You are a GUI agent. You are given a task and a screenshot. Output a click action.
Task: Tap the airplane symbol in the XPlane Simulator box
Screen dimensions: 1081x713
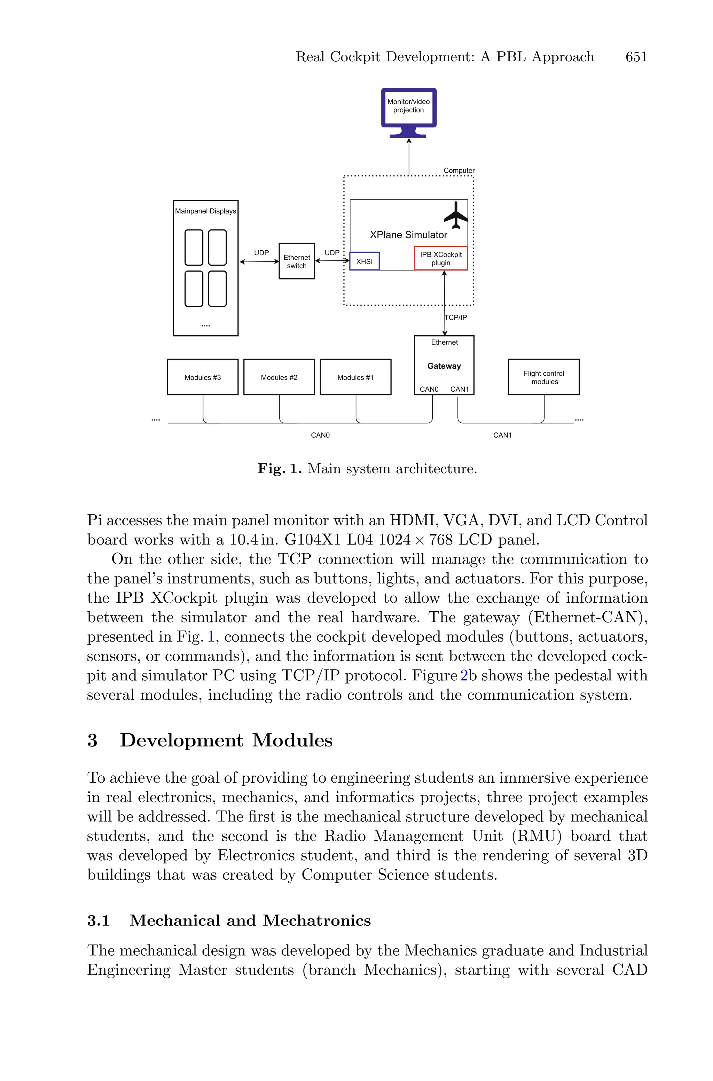(x=456, y=216)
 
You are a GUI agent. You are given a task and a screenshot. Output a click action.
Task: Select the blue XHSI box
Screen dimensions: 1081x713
(x=364, y=261)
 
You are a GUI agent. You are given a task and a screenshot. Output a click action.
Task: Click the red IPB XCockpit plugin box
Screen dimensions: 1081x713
(x=441, y=259)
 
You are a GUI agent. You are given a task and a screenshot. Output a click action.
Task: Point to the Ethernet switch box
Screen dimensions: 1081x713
(x=297, y=261)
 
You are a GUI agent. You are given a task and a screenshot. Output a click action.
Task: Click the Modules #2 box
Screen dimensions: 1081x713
(x=279, y=377)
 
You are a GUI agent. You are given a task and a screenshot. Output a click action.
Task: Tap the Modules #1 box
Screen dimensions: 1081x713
(x=355, y=377)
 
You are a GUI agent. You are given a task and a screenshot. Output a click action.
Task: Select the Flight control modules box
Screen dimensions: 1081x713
(x=543, y=377)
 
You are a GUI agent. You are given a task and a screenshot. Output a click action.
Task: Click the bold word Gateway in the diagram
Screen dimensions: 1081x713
(x=444, y=366)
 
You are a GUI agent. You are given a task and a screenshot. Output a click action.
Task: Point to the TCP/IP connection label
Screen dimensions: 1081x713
(x=456, y=317)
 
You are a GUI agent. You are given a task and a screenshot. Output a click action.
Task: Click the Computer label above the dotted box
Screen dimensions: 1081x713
(x=459, y=171)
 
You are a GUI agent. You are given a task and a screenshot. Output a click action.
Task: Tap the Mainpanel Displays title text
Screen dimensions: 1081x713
(x=205, y=211)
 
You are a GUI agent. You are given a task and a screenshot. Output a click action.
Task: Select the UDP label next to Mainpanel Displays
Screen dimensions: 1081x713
(x=261, y=253)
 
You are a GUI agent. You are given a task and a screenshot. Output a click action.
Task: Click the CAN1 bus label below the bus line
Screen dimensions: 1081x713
(x=502, y=435)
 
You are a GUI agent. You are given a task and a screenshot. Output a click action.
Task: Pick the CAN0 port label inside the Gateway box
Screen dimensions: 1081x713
(x=429, y=389)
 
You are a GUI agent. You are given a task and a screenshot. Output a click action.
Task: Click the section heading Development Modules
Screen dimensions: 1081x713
(x=226, y=741)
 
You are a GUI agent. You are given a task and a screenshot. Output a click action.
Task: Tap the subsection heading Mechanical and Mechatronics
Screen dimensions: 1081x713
(x=250, y=921)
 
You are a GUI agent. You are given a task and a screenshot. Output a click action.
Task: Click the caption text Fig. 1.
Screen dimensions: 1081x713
(x=279, y=469)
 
